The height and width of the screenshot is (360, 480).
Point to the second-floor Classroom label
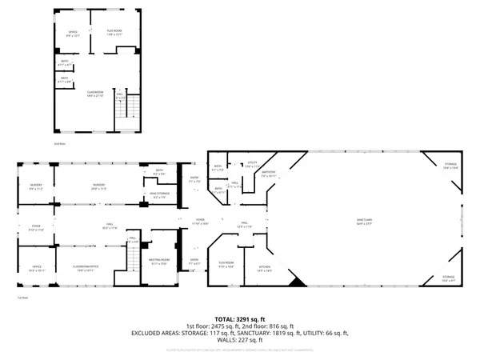(x=97, y=94)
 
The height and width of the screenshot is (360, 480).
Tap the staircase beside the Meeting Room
(x=133, y=258)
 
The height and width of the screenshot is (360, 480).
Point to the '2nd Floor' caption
(x=58, y=142)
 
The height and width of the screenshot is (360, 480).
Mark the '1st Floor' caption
(x=23, y=298)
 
